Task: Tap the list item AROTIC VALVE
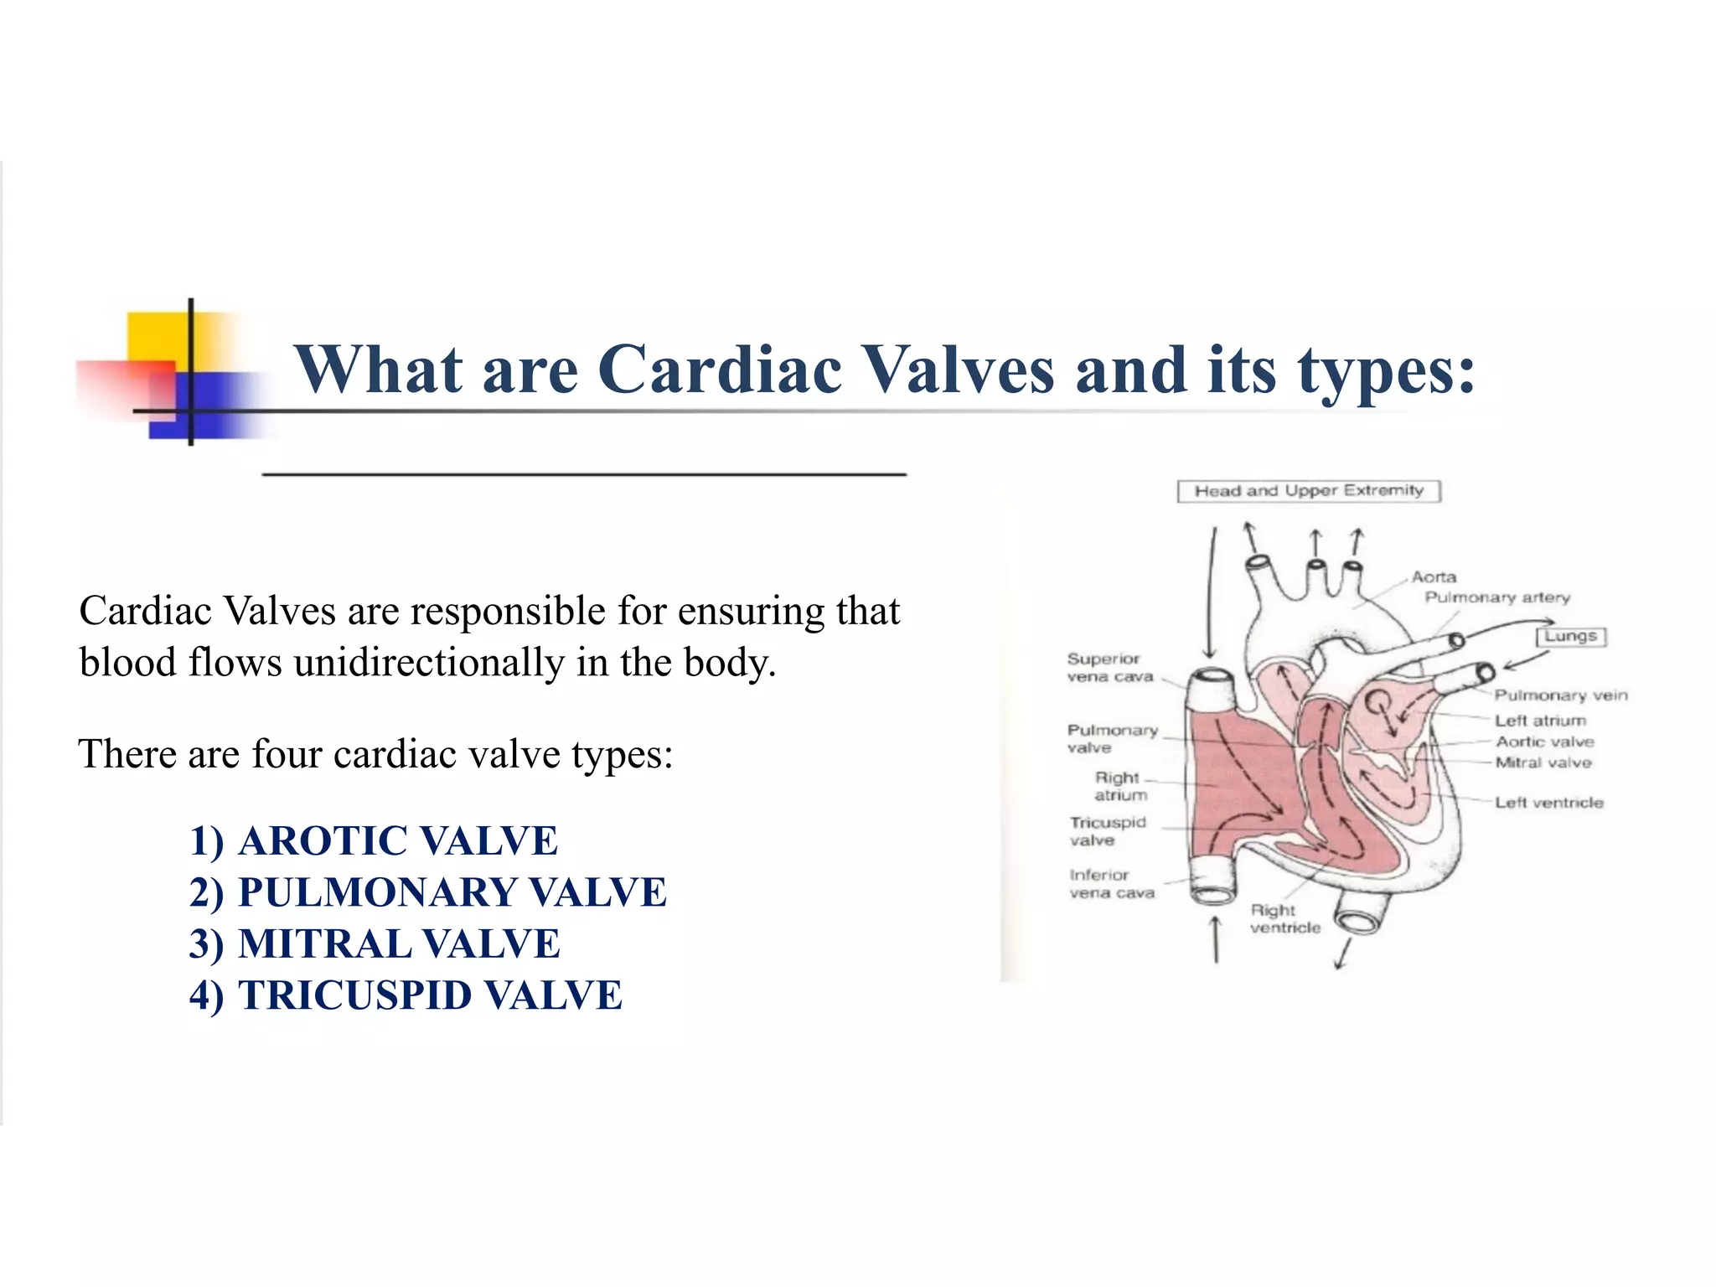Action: (x=374, y=840)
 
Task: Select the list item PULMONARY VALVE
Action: (x=428, y=892)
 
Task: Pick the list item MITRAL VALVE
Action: (x=375, y=943)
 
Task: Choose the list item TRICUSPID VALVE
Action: (x=406, y=995)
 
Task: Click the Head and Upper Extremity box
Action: (x=1308, y=491)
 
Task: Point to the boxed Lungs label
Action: (x=1570, y=637)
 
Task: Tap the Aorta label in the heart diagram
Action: (x=1434, y=577)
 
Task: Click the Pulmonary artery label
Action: (x=1496, y=597)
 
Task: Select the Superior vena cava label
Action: (x=1109, y=668)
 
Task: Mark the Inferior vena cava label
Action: (x=1111, y=884)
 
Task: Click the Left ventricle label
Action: (x=1548, y=803)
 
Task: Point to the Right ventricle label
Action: (x=1284, y=919)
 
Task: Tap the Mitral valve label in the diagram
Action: (x=1543, y=762)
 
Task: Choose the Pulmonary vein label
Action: (x=1560, y=695)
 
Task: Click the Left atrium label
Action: (x=1540, y=721)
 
